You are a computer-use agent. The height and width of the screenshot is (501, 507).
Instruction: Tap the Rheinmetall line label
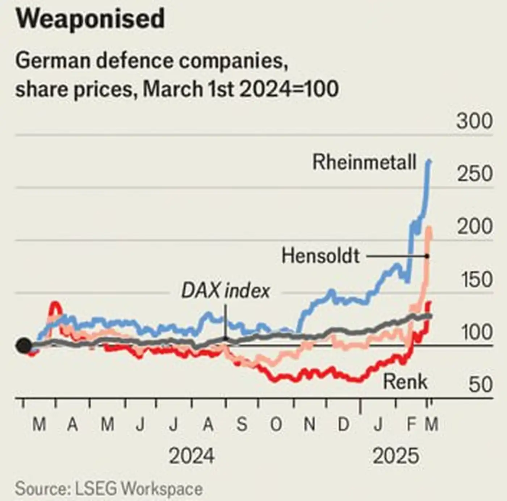(x=364, y=162)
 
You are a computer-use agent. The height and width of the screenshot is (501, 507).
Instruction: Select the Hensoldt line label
(x=320, y=256)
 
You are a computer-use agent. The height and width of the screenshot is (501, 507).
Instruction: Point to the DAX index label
(x=226, y=291)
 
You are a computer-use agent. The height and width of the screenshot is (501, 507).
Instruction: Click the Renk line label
(x=405, y=382)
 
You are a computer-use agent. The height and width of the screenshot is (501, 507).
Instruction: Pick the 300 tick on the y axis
(x=474, y=122)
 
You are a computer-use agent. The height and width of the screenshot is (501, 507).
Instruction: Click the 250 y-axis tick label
(x=474, y=174)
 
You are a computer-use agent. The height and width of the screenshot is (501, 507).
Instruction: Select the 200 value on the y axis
(x=474, y=227)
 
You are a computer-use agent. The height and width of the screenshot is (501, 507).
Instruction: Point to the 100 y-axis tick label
(x=477, y=332)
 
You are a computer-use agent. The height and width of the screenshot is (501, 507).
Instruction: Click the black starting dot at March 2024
(x=24, y=346)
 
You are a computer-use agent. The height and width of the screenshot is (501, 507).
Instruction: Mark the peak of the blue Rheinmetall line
(x=430, y=161)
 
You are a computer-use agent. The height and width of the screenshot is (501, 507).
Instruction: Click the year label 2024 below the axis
(x=192, y=456)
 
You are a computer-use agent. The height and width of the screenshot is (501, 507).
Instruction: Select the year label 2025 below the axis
(x=395, y=456)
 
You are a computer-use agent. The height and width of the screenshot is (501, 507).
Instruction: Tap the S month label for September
(x=242, y=424)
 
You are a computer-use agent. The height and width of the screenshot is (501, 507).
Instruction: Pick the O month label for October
(x=276, y=424)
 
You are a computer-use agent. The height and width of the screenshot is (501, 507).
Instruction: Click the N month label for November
(x=309, y=424)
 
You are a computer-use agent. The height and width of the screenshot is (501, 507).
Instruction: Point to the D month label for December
(x=343, y=424)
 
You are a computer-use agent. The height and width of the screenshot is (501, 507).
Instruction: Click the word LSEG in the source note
(x=96, y=489)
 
